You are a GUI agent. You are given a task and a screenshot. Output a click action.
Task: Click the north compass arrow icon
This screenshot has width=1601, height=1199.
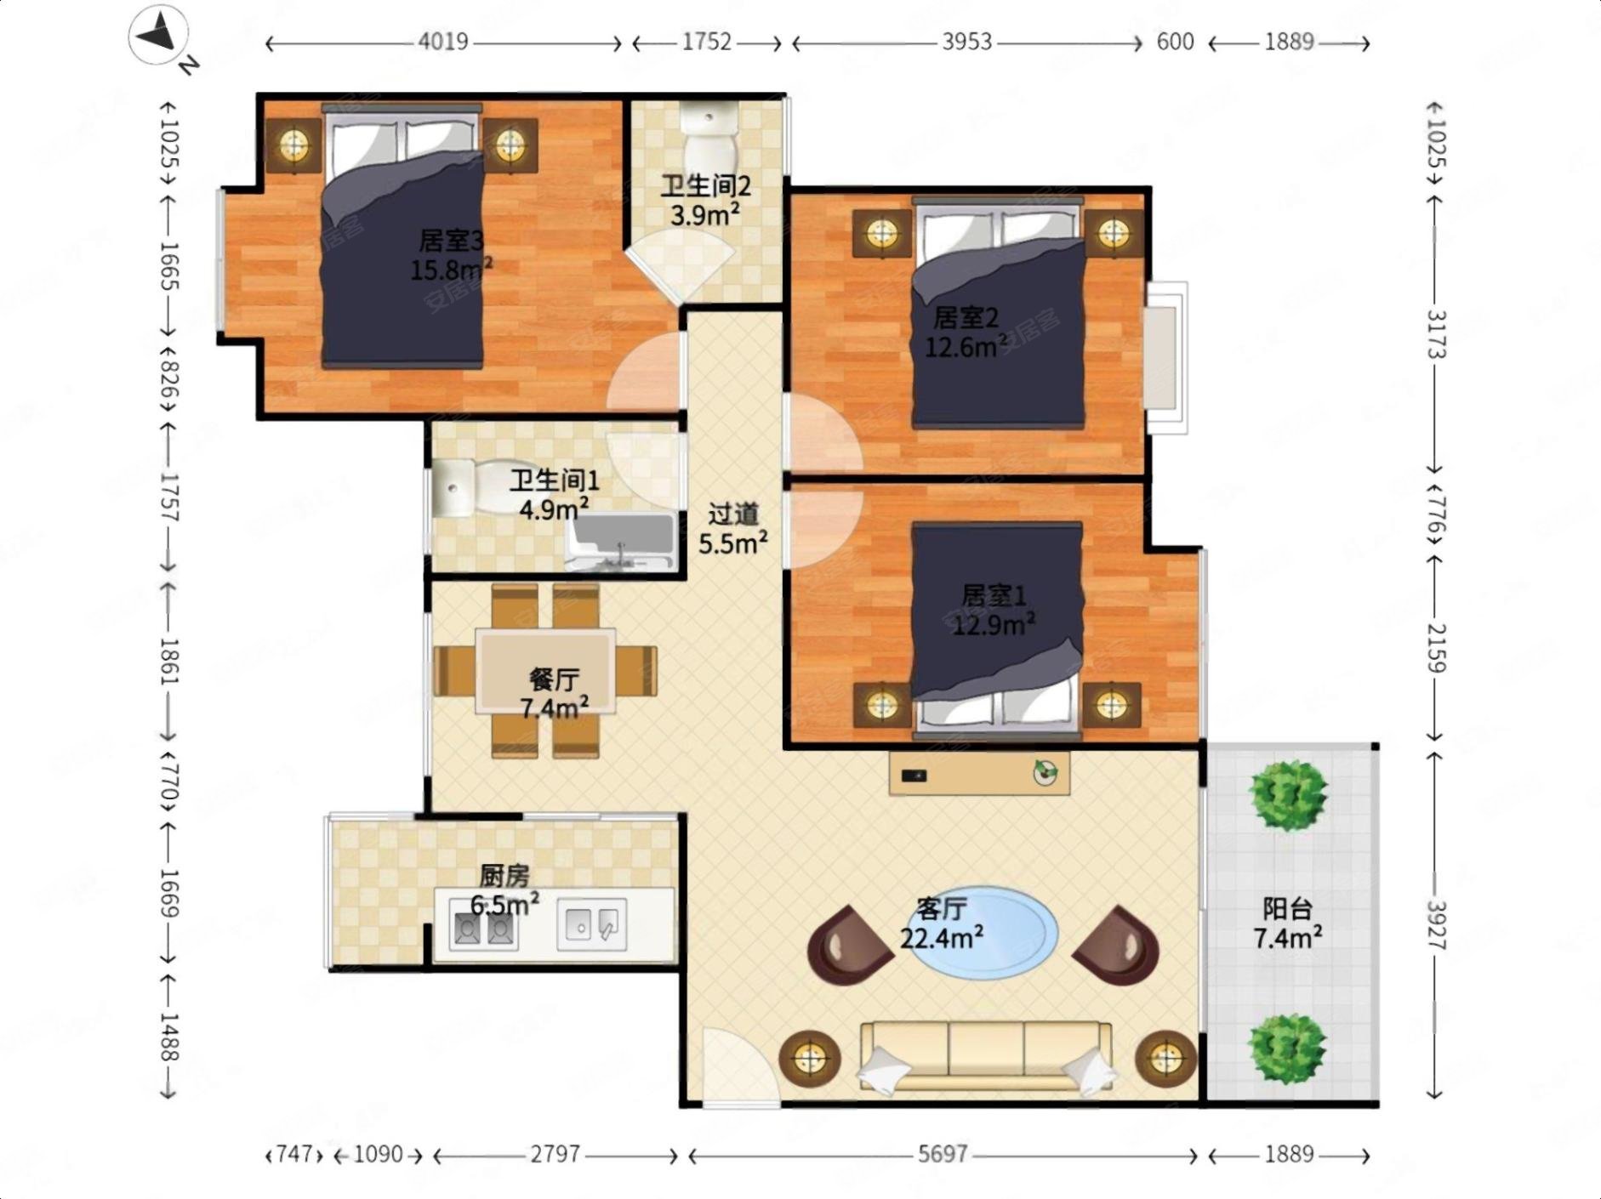159,37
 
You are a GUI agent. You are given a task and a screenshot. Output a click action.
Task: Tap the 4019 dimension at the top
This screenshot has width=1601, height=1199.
443,42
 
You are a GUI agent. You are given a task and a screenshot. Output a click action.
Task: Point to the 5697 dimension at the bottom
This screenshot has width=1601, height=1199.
943,1154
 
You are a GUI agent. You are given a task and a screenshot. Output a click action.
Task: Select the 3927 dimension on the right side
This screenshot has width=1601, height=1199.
1436,924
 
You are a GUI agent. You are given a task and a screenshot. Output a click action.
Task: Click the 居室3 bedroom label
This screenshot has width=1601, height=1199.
451,241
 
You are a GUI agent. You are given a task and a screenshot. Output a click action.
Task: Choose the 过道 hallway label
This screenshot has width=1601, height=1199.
733,514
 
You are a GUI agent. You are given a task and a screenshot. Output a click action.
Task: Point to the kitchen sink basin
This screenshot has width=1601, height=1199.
591,925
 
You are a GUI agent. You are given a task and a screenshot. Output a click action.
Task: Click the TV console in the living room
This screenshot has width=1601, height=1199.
979,774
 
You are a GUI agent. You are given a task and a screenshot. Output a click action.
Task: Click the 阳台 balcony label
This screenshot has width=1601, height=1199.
1287,909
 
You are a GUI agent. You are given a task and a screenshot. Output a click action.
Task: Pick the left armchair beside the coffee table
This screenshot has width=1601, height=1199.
850,945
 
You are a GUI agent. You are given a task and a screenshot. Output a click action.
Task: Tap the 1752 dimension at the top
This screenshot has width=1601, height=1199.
706,42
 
